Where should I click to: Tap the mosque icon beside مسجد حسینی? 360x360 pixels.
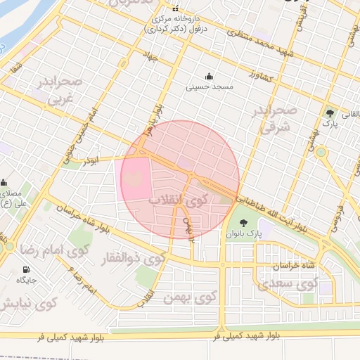click(208, 77)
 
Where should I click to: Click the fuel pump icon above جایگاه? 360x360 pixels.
click(27, 269)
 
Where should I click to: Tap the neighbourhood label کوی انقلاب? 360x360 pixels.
click(179, 199)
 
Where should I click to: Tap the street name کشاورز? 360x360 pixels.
click(261, 73)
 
